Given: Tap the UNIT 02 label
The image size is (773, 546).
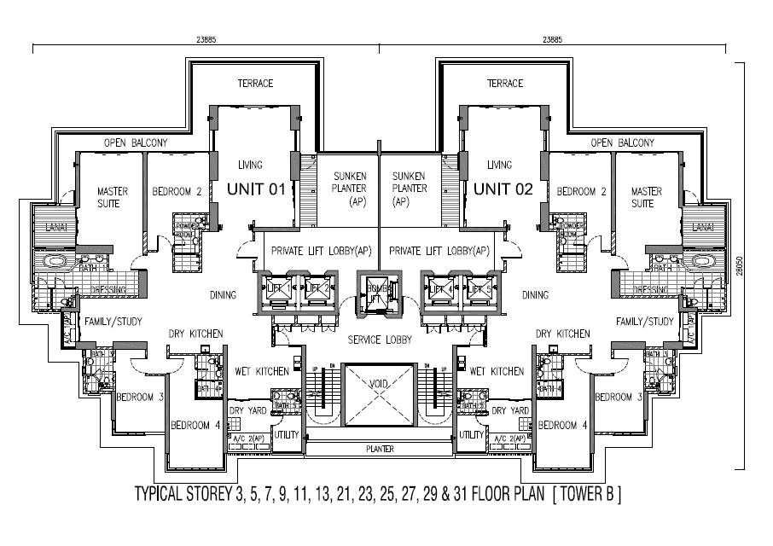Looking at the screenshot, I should coord(503,189).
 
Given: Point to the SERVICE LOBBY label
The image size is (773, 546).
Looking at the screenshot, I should coord(380,340).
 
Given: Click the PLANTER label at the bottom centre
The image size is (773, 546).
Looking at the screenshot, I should coord(380,448).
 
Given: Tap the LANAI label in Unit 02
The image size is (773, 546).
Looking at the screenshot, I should coord(702,227).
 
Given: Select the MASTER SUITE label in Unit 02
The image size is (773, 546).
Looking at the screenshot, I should coord(647,197).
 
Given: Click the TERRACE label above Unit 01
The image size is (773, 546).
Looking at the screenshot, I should coord(255,84).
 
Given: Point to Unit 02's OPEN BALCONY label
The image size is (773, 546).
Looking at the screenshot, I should coord(623,142).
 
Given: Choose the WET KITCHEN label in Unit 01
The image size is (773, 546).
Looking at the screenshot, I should coord(264,371).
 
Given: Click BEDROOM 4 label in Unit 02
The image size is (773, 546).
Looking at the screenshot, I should coord(563,425).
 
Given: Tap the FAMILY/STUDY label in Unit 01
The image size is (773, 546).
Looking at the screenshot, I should coord(113,322).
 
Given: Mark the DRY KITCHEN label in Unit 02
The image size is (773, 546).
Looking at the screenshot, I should coord(563,334).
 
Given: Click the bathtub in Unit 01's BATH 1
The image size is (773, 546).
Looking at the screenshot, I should coord(54,261).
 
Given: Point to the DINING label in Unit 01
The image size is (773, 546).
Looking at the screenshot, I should coord(223,295).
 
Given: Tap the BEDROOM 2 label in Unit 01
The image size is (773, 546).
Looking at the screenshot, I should coord(177,192).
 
